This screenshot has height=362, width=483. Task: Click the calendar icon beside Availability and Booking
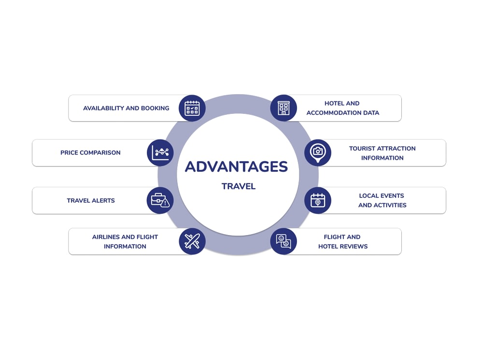(192, 108)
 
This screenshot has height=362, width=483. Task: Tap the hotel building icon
(284, 108)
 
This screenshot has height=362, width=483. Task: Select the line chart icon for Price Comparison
(160, 153)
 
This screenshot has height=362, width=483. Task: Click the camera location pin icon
(318, 153)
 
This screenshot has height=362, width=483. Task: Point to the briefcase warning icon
(160, 200)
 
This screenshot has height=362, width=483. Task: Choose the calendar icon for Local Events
(318, 200)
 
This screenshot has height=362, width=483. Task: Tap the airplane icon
(192, 241)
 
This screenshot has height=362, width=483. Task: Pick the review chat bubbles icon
(284, 241)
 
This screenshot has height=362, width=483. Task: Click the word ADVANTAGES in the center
(236, 167)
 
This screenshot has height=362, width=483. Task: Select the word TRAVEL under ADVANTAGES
(239, 186)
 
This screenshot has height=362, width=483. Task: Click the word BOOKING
(155, 108)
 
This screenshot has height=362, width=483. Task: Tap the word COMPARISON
(100, 153)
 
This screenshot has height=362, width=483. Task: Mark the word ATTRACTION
(397, 148)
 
